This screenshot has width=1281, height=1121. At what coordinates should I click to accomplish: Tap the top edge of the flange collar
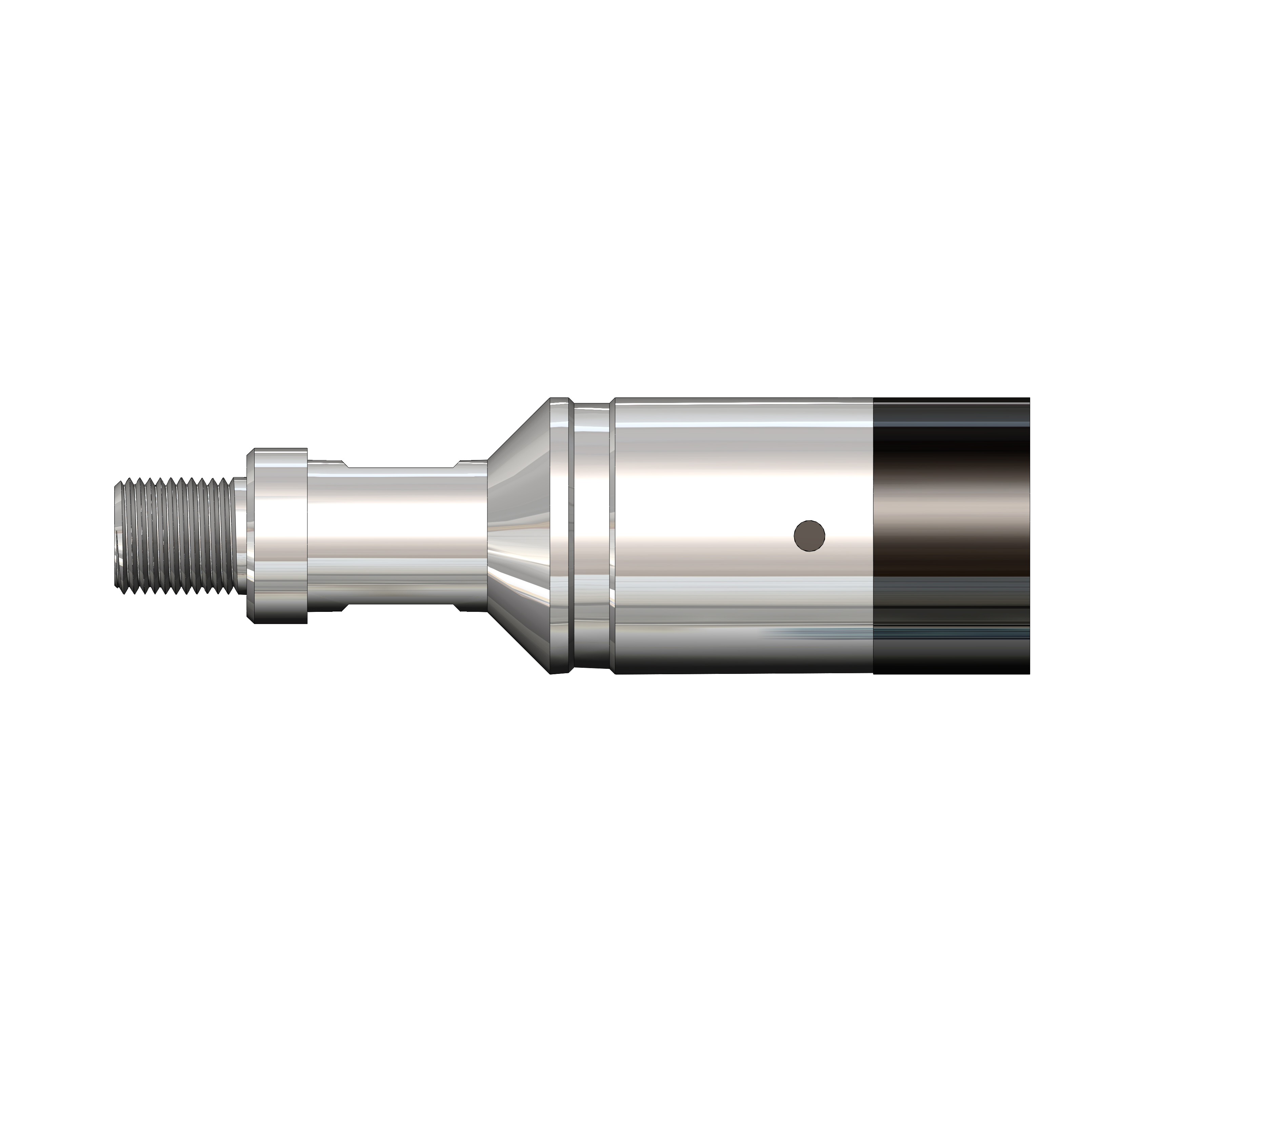click(x=278, y=449)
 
